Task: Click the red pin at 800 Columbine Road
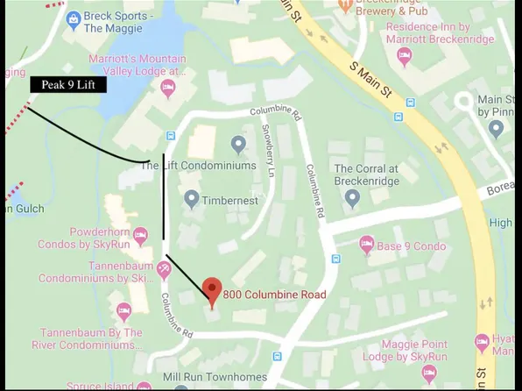[211, 289]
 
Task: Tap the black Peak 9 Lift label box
[68, 85]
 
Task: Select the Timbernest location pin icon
[191, 199]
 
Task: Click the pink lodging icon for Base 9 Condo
[366, 246]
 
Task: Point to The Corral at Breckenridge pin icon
[352, 197]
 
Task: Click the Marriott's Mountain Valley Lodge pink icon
[167, 88]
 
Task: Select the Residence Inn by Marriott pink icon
[405, 56]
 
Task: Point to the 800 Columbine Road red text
[273, 295]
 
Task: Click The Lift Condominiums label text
[199, 165]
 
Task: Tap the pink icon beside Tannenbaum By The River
[124, 310]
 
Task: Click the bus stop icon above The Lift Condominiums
[170, 137]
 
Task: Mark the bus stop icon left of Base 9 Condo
[336, 259]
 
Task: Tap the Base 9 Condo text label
[411, 246]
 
